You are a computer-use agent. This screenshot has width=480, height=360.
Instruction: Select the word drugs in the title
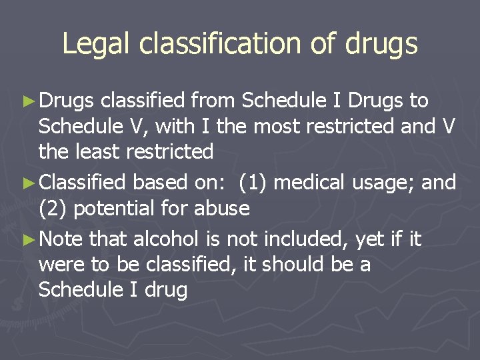382,44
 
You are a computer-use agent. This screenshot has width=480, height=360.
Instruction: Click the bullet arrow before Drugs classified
27,101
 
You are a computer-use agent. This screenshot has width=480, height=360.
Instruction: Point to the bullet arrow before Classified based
27,182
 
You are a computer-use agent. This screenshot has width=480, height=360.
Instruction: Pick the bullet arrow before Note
27,239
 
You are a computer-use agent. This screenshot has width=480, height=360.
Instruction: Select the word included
306,239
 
